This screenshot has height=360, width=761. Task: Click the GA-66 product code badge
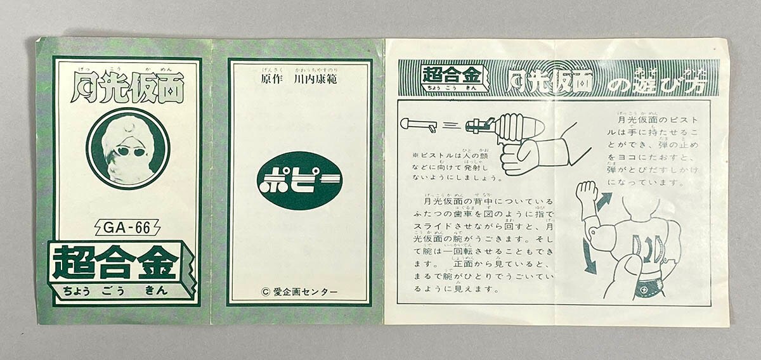click(127, 228)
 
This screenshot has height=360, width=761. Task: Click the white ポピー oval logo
click(299, 180)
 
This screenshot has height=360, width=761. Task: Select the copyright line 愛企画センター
click(299, 292)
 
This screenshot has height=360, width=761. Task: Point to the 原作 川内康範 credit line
click(299, 80)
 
